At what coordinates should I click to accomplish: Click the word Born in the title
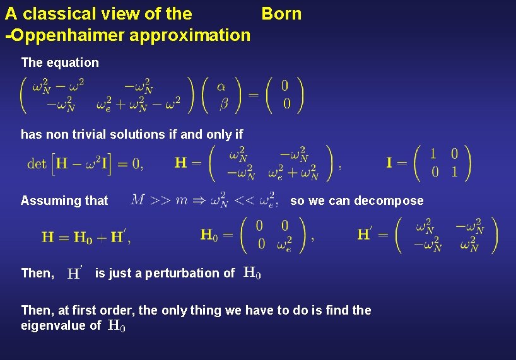click(x=281, y=13)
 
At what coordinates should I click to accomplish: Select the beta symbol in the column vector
click(x=223, y=103)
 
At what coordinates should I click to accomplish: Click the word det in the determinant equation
click(x=37, y=164)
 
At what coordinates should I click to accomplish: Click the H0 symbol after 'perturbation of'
click(x=252, y=273)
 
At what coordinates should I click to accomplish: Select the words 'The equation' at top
click(x=60, y=62)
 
